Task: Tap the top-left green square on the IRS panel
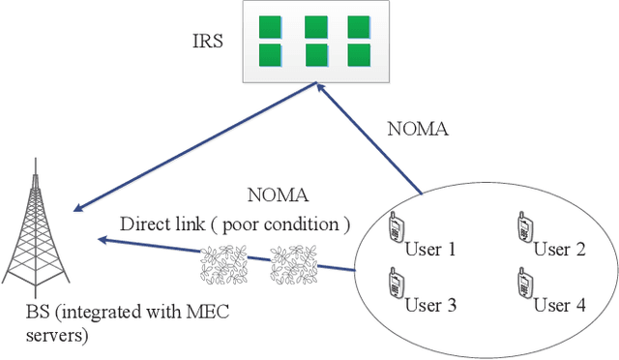(270, 26)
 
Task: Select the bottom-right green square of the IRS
(360, 53)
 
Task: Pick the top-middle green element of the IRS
(315, 26)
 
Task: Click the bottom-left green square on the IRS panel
(270, 53)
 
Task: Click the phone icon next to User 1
(395, 227)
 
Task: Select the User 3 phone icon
(395, 283)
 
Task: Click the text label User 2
(560, 249)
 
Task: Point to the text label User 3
(431, 305)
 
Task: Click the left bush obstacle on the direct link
(222, 261)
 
